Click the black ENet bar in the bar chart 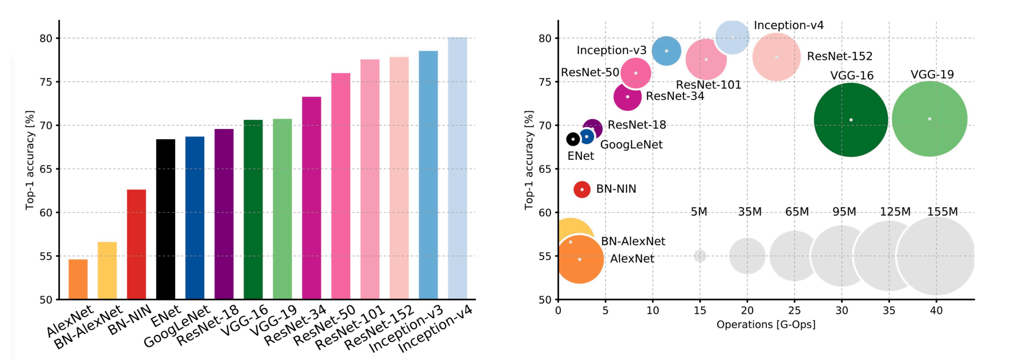coord(165,219)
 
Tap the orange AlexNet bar coord(78,279)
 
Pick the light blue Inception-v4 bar coord(458,168)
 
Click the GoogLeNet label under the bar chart coord(177,327)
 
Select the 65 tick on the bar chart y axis coord(46,169)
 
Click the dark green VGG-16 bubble coord(851,120)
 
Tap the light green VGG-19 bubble coord(929,119)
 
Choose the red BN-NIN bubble coord(582,189)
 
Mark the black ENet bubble coord(573,139)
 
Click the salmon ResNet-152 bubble coord(777,57)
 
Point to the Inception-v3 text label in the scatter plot coord(611,50)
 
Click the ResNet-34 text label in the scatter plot coord(675,96)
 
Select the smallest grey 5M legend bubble coord(700,256)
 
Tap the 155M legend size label coord(943,212)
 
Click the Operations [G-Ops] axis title coord(766,325)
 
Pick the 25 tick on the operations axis coord(794,310)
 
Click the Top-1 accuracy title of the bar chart coord(30,160)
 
